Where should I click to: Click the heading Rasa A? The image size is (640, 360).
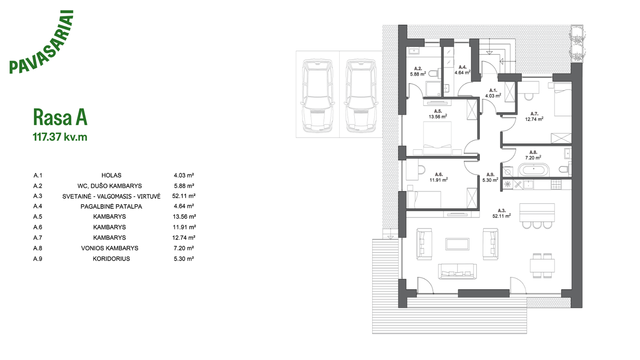(x=60, y=117)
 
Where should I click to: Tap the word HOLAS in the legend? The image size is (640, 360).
(x=111, y=175)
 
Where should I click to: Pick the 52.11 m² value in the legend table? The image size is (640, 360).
(x=184, y=196)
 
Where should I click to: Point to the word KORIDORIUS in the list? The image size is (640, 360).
(x=111, y=259)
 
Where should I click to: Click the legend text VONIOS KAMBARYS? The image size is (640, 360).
(x=110, y=248)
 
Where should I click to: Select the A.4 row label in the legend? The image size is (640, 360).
(x=37, y=206)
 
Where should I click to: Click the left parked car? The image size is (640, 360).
(x=317, y=95)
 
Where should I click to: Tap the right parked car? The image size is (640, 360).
(x=361, y=95)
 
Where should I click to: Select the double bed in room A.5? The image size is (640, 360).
(x=437, y=138)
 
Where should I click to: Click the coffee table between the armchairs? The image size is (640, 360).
(x=457, y=244)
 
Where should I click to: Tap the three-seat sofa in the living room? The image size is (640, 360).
(x=457, y=271)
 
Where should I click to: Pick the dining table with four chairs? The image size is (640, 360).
(x=542, y=265)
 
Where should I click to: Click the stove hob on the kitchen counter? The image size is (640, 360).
(x=556, y=185)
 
